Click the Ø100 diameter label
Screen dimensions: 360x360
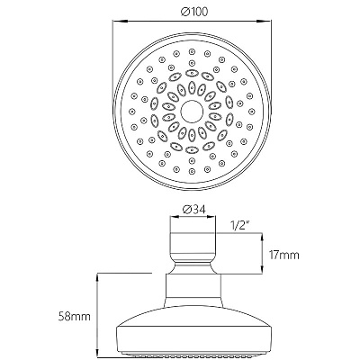tap(194, 12)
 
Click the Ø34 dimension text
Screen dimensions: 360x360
tap(193, 210)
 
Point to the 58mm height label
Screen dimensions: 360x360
tap(74, 317)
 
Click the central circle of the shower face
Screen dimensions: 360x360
tap(192, 112)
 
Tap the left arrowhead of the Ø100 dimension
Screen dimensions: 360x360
tap(120, 21)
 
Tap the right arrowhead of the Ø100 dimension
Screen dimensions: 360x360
tap(264, 21)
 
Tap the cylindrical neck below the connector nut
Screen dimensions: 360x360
tap(193, 291)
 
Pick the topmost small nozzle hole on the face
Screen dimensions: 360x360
tap(191, 51)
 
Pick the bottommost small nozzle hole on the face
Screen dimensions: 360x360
tap(191, 172)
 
